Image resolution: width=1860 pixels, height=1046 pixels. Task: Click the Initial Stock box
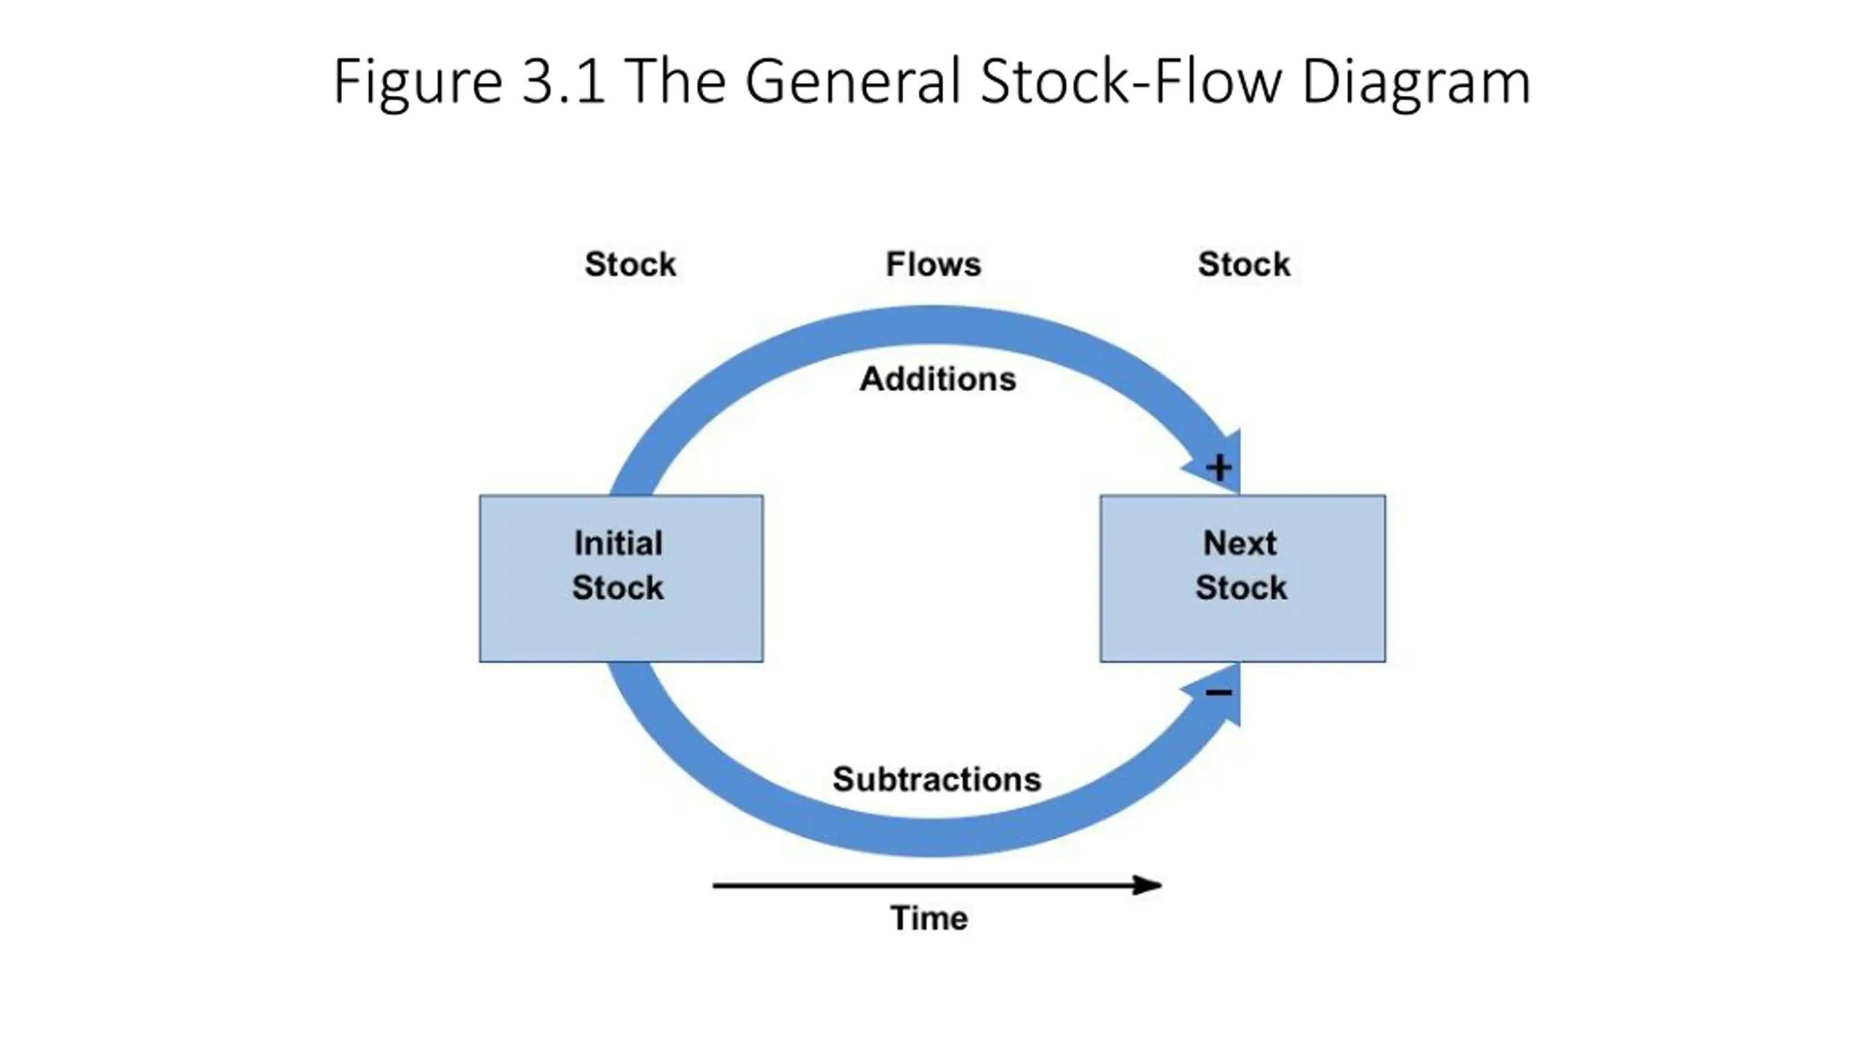(621, 578)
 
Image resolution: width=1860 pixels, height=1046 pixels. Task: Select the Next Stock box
(1242, 578)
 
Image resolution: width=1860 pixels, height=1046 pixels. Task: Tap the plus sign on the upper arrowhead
(1218, 467)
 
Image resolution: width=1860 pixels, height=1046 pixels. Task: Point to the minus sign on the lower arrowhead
(1218, 692)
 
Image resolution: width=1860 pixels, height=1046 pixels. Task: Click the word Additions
(937, 379)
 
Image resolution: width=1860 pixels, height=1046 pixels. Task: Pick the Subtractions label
(937, 779)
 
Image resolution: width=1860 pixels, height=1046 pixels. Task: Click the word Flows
(934, 264)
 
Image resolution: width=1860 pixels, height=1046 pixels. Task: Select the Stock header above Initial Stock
(631, 264)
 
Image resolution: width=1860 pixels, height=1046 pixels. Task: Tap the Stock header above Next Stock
(1244, 264)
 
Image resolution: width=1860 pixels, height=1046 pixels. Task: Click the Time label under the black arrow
(929, 918)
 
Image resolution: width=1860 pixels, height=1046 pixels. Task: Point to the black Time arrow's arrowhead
(1160, 885)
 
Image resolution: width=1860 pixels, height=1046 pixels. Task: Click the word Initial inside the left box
(618, 543)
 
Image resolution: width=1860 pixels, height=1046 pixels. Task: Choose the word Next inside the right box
(1240, 543)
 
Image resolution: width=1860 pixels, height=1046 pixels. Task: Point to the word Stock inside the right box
(1241, 588)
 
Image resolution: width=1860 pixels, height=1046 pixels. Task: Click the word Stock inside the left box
(618, 588)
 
